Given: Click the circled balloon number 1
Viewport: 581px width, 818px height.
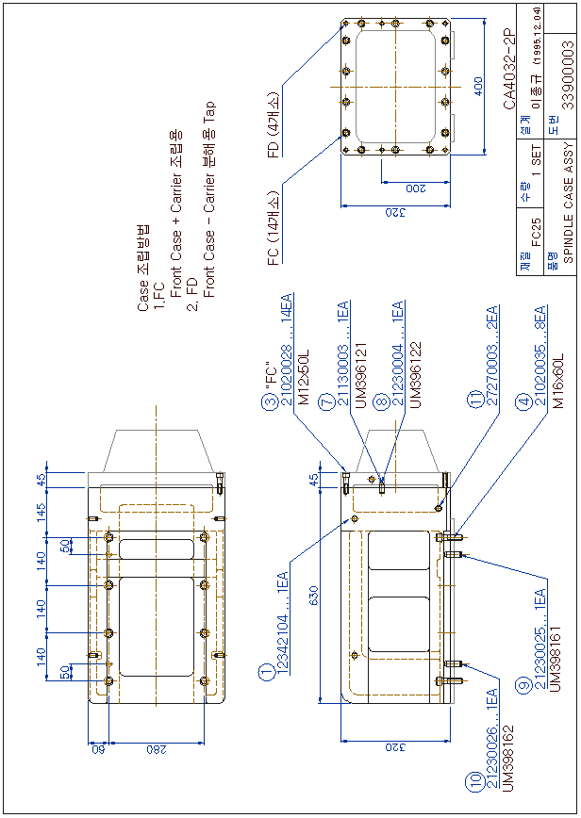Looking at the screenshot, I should (267, 672).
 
